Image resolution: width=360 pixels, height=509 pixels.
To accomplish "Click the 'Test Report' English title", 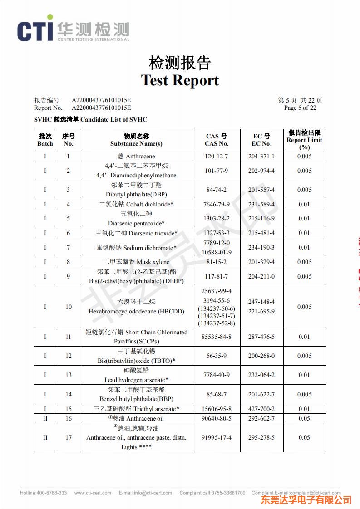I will [x=180, y=80].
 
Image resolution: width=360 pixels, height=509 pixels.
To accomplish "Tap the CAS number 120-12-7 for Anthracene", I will [x=217, y=156].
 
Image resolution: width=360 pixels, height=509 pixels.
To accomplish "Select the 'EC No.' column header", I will [x=261, y=143].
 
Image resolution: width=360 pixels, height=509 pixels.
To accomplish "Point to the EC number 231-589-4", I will [x=261, y=204].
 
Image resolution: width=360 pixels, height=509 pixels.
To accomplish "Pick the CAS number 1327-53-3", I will [x=217, y=233].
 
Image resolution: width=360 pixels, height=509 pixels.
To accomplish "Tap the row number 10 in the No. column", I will [x=69, y=307].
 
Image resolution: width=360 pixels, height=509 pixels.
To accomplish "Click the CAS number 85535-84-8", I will [x=217, y=337].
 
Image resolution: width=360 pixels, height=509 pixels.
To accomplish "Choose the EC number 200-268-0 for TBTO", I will [x=261, y=356].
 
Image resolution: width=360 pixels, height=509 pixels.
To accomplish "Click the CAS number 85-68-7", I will [x=217, y=394].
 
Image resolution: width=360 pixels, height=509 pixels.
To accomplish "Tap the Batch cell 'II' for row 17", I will [x=45, y=437].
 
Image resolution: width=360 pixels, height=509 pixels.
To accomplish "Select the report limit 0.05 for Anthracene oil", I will [x=304, y=418].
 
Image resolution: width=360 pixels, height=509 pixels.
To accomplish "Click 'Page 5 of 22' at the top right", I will [x=300, y=108].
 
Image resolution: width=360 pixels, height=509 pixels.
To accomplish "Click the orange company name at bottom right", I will [x=306, y=500].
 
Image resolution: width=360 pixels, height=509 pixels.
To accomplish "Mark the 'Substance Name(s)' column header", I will [x=136, y=143].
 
